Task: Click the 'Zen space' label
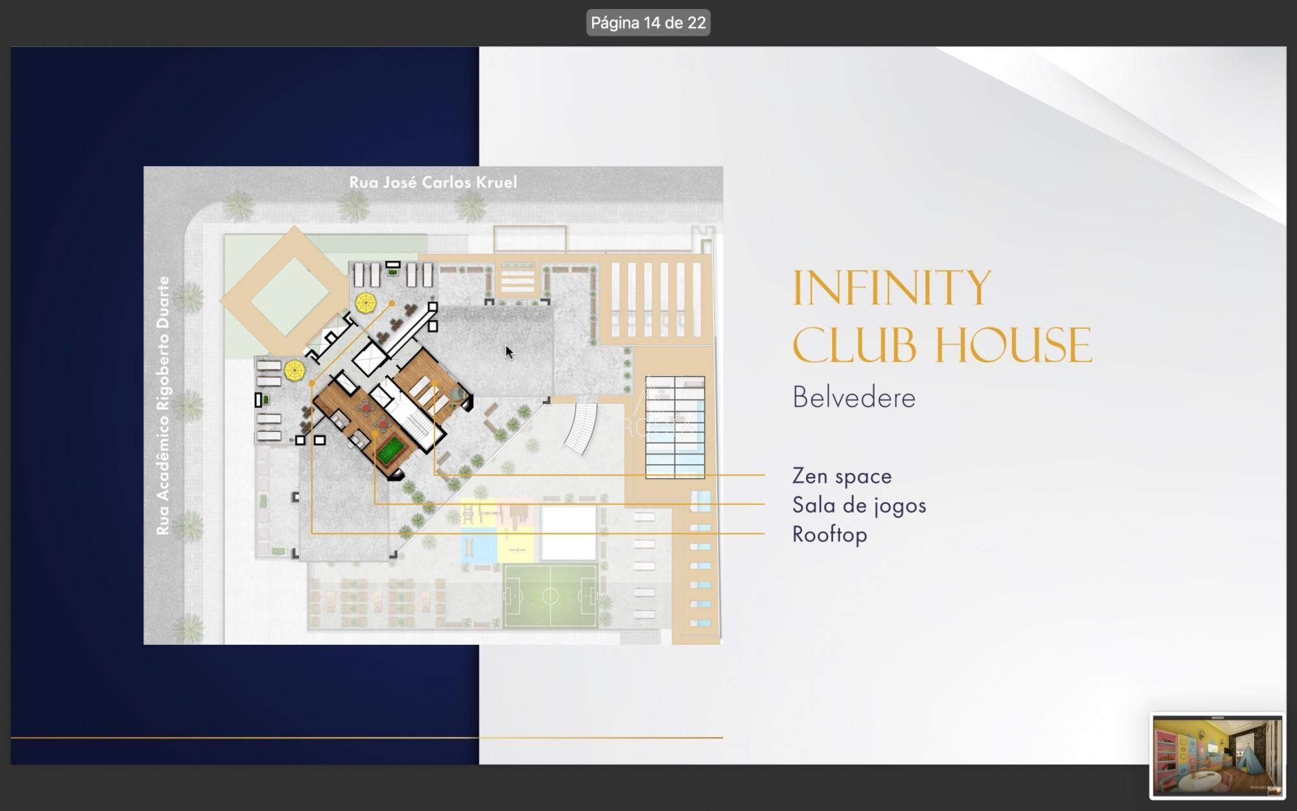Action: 841,476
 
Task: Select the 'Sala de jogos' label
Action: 859,505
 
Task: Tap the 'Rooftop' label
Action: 829,535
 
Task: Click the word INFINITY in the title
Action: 892,288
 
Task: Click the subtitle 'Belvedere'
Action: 853,397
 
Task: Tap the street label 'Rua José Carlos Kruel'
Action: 433,182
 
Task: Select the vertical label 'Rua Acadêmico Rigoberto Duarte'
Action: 163,405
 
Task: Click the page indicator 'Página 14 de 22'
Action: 648,23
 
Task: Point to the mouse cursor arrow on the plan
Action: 509,352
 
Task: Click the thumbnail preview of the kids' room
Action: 1217,755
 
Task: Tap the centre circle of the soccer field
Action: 550,596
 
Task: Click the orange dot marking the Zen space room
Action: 434,384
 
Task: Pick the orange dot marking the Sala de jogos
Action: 375,433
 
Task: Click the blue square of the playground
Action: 478,546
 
